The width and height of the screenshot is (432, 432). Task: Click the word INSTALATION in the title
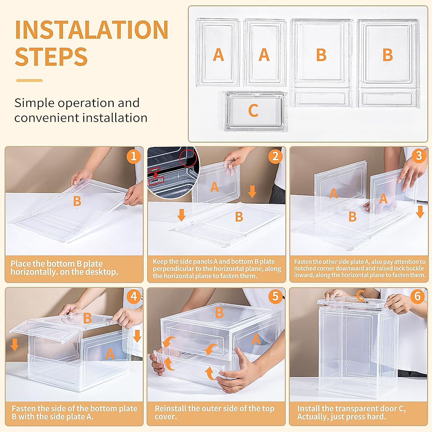point(91,30)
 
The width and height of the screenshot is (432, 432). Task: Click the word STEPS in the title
point(51,57)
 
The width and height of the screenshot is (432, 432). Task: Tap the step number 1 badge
point(134,156)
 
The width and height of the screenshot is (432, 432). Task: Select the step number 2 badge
point(275,156)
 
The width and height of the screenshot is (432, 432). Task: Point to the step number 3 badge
point(419,156)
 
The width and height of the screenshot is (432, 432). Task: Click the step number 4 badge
point(134,296)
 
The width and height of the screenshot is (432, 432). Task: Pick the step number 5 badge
point(275,296)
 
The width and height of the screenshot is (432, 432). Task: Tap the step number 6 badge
point(417,296)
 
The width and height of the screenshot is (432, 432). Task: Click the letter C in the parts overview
point(253,111)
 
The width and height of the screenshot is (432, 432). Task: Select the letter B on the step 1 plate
point(77,201)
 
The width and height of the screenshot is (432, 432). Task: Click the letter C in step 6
point(360,295)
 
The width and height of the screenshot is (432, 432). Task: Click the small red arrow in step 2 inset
point(156,175)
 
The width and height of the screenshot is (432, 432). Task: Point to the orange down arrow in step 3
point(420,212)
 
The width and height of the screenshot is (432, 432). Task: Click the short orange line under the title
point(30,81)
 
